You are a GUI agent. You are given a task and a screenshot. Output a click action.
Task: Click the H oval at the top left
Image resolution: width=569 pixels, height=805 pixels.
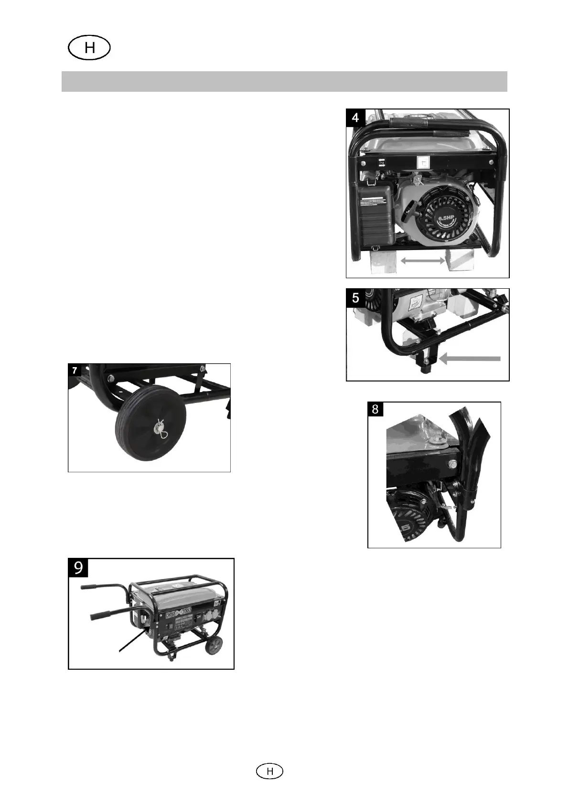(x=89, y=49)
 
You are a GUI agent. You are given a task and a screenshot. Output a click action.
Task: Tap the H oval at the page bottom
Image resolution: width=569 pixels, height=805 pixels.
(x=269, y=771)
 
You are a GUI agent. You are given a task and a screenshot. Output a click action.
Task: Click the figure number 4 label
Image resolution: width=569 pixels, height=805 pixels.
(x=356, y=117)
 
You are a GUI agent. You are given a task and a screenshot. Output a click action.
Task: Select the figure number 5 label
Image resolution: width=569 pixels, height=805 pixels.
(x=355, y=298)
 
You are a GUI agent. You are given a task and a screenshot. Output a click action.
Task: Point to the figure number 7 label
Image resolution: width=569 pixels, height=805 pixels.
(x=75, y=370)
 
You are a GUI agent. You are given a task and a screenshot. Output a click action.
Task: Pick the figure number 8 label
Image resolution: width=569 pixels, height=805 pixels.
(x=375, y=409)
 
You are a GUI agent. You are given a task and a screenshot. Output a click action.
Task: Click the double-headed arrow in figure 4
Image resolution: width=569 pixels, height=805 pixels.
(x=423, y=261)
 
